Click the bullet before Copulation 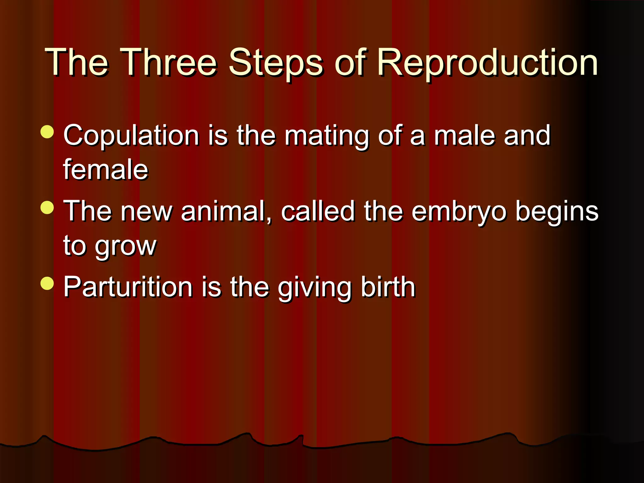tap(47, 132)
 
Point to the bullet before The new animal tap(47, 208)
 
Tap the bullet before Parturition tap(47, 283)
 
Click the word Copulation tap(131, 136)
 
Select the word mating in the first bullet tap(327, 136)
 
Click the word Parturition tap(128, 287)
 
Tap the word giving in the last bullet tap(314, 287)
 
